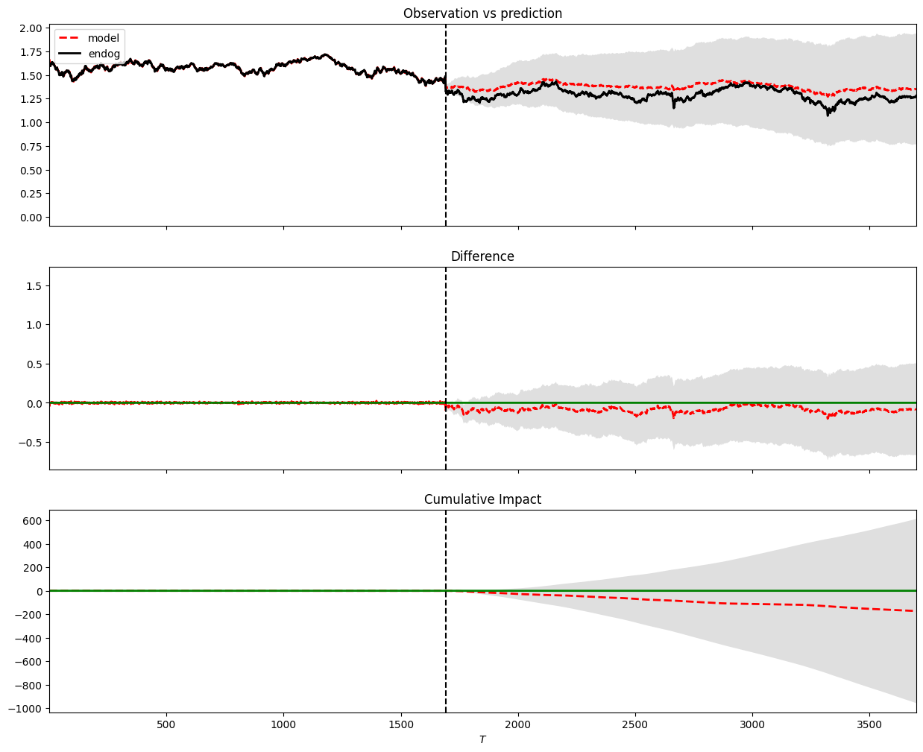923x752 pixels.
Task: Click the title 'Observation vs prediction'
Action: coord(482,13)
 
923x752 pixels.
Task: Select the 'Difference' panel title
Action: coord(482,256)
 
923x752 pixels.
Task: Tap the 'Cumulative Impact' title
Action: coord(482,499)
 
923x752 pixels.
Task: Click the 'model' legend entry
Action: coord(103,38)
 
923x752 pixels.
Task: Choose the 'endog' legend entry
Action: coord(104,54)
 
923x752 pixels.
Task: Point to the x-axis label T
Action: coord(482,739)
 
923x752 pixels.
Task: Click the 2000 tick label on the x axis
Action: coord(517,724)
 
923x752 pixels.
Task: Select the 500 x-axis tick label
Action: coord(166,724)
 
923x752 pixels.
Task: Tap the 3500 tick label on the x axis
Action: coord(869,724)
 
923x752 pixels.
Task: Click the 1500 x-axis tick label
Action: coord(401,724)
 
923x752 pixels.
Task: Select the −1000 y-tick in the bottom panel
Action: coord(26,709)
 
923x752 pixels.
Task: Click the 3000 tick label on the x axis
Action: coord(752,724)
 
